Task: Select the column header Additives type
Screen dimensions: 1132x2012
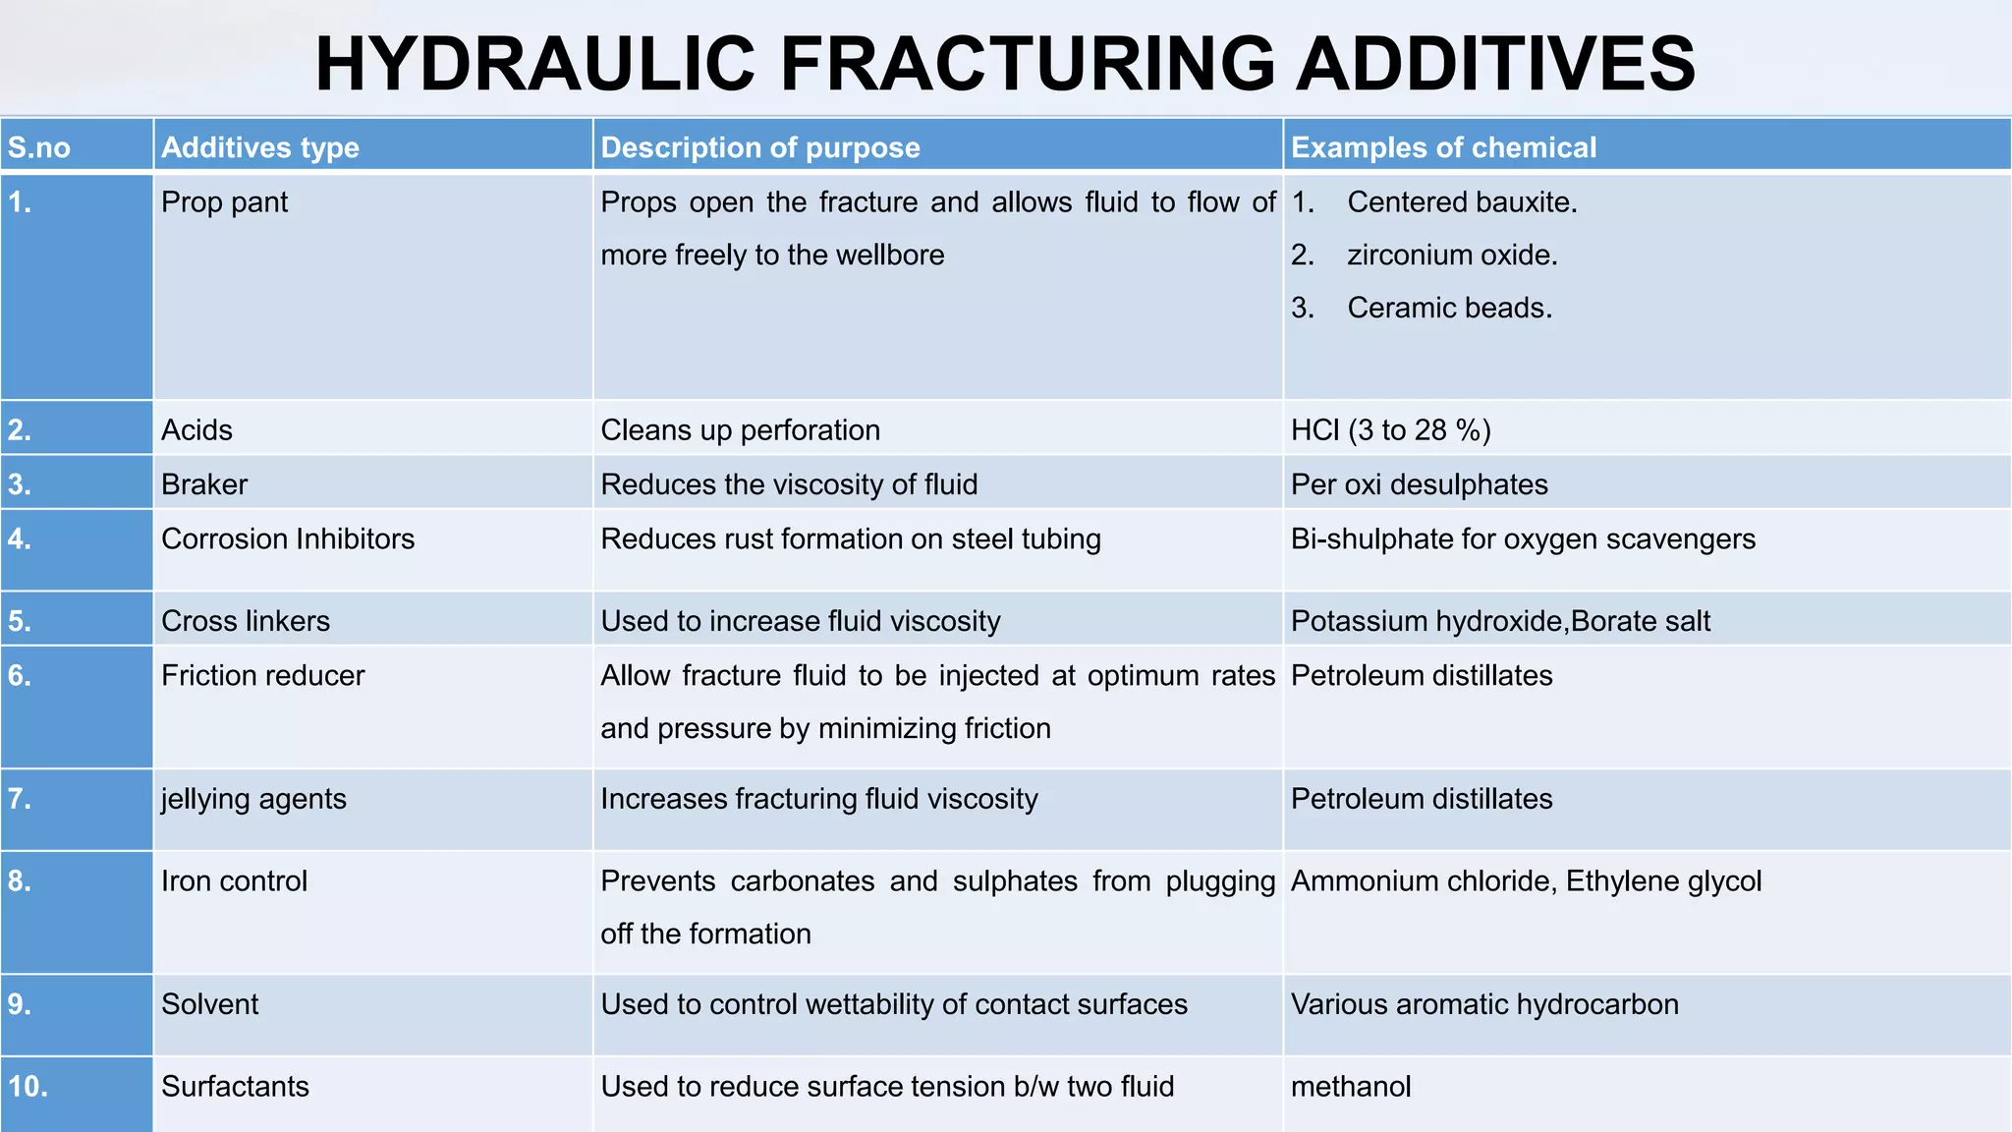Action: (x=260, y=147)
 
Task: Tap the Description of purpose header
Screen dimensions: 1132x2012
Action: (x=760, y=147)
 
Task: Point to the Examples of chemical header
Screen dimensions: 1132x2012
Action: (x=1443, y=147)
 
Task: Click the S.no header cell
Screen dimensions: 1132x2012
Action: (x=39, y=148)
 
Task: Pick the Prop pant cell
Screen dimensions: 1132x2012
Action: (x=224, y=202)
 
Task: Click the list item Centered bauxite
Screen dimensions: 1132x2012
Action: (x=1462, y=202)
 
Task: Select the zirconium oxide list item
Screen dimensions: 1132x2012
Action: (x=1452, y=255)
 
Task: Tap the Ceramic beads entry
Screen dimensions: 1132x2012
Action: (x=1449, y=309)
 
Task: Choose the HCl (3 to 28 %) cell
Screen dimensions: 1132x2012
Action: (x=1390, y=430)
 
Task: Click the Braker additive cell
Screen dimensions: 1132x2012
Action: (x=204, y=484)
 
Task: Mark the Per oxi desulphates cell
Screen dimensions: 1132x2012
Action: (x=1419, y=484)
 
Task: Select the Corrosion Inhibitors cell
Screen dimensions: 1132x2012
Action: (x=288, y=539)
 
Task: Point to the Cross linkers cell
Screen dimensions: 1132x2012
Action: (x=246, y=621)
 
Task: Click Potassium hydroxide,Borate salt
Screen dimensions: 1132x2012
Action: (x=1500, y=621)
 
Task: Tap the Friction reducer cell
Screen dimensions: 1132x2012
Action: (x=262, y=676)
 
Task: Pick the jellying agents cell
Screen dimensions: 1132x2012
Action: (x=253, y=799)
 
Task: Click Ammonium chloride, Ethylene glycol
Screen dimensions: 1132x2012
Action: (x=1526, y=881)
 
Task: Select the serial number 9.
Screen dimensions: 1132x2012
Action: (x=20, y=1004)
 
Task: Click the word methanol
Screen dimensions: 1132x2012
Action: (x=1351, y=1087)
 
